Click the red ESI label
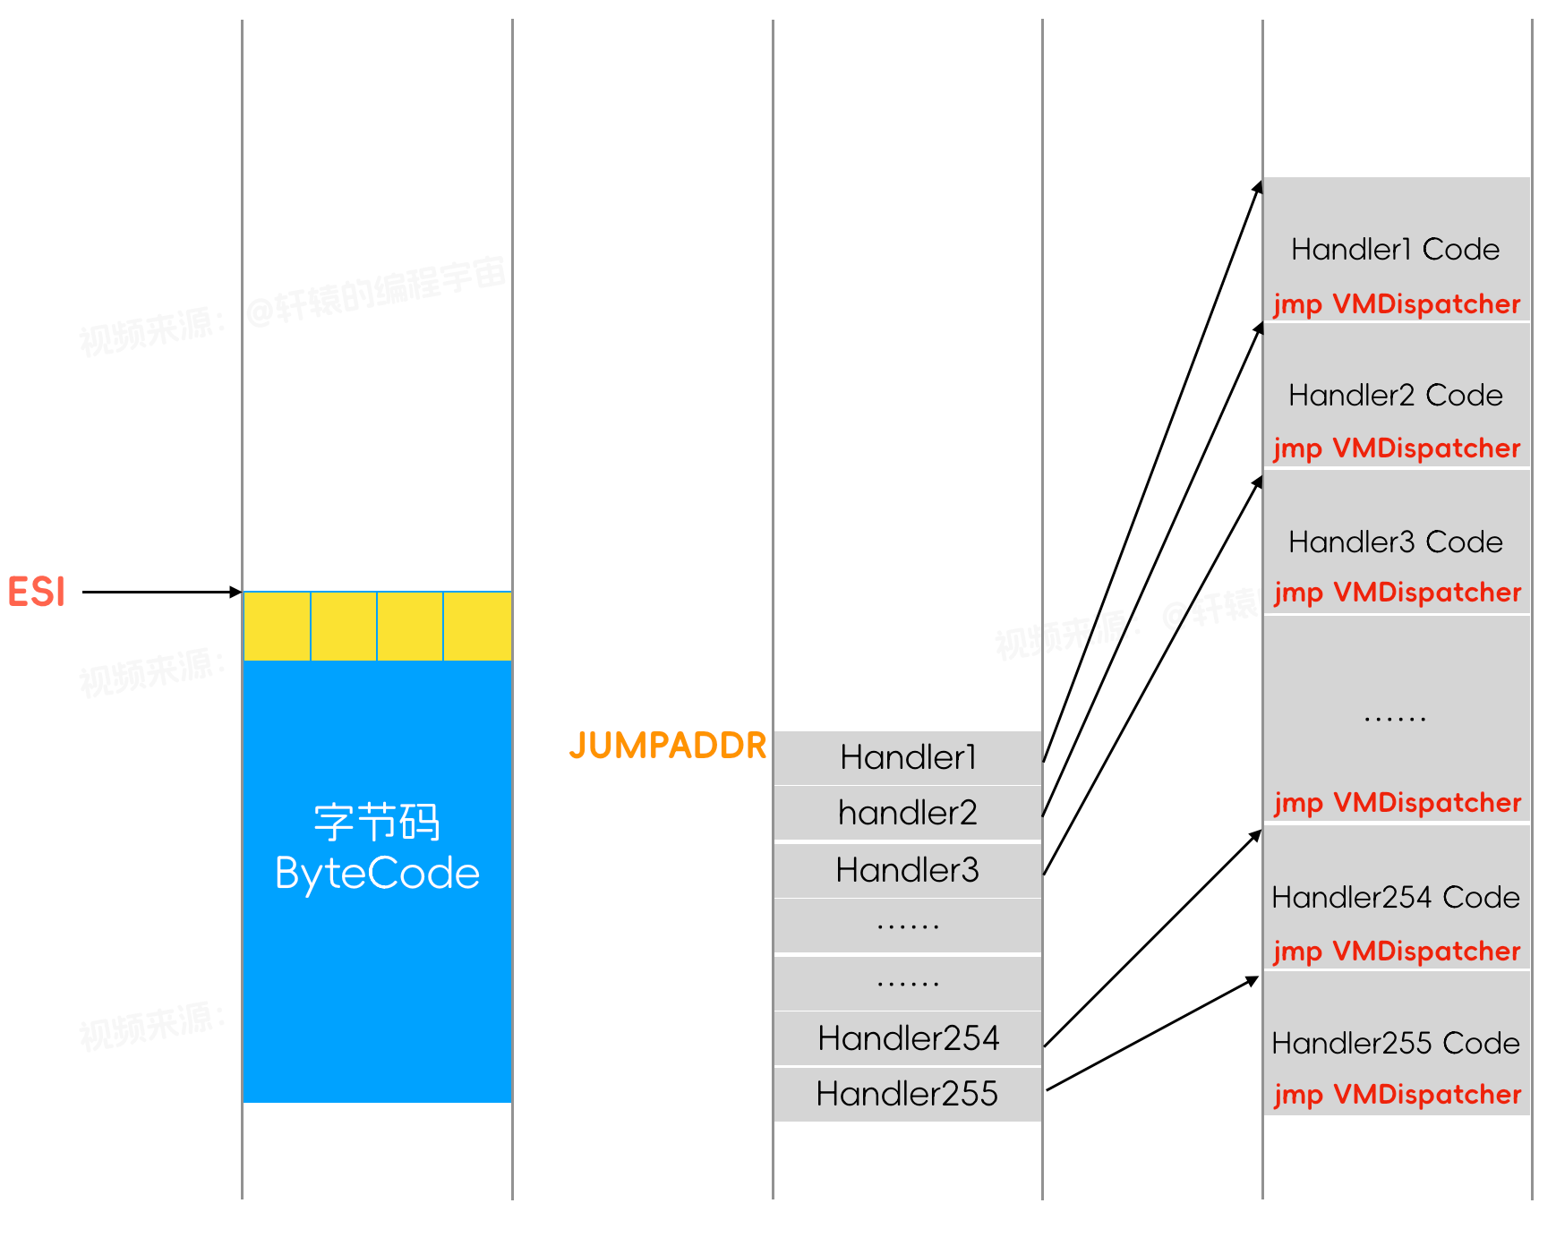pyautogui.click(x=37, y=592)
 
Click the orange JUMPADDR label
pyautogui.click(x=668, y=745)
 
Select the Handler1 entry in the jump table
pyautogui.click(x=907, y=757)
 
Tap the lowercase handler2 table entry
pyautogui.click(x=907, y=813)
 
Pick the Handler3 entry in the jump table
pyautogui.click(x=907, y=869)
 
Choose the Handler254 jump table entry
pyautogui.click(x=907, y=1037)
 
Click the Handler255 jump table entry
pyautogui.click(x=907, y=1093)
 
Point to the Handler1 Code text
pyautogui.click(x=1395, y=249)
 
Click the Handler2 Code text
pyautogui.click(x=1395, y=395)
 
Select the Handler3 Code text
pyautogui.click(x=1395, y=542)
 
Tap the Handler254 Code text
pyautogui.click(x=1395, y=897)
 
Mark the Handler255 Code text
pyautogui.click(x=1395, y=1043)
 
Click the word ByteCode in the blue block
pyautogui.click(x=377, y=874)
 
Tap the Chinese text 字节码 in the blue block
pyautogui.click(x=377, y=822)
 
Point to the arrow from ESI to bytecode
pyautogui.click(x=161, y=592)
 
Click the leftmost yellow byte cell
pyautogui.click(x=277, y=627)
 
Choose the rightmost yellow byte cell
pyautogui.click(x=477, y=627)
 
